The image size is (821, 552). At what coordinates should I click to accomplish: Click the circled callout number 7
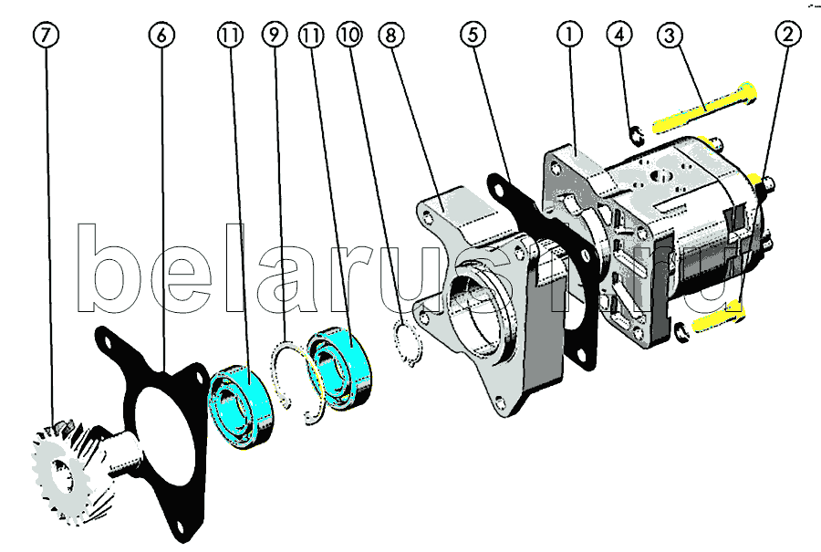tap(47, 35)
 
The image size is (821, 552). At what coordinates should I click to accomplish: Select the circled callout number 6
tap(161, 35)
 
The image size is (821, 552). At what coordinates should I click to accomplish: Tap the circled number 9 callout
tap(275, 35)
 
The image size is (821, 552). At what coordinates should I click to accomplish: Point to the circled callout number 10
tap(349, 35)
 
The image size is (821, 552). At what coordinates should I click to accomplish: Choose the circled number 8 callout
tap(390, 35)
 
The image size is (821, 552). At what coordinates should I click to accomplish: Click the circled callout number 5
tap(473, 35)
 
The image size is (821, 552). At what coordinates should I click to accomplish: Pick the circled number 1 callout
tap(569, 35)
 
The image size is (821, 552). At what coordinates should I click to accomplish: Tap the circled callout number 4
tap(619, 35)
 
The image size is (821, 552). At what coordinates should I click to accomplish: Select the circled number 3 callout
tap(670, 35)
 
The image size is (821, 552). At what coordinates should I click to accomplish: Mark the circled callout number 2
tap(788, 35)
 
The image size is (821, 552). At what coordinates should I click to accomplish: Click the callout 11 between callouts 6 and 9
tap(231, 35)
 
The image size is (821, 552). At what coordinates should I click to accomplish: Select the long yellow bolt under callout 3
tap(704, 108)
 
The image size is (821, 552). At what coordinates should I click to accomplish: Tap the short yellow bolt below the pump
tap(720, 318)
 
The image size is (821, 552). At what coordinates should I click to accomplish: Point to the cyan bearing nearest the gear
tap(242, 407)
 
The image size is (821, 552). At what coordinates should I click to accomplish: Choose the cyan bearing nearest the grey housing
tap(339, 369)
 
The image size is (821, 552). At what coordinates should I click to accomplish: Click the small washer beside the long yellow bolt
tap(636, 136)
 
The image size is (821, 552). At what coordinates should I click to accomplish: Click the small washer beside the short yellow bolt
tap(681, 332)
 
